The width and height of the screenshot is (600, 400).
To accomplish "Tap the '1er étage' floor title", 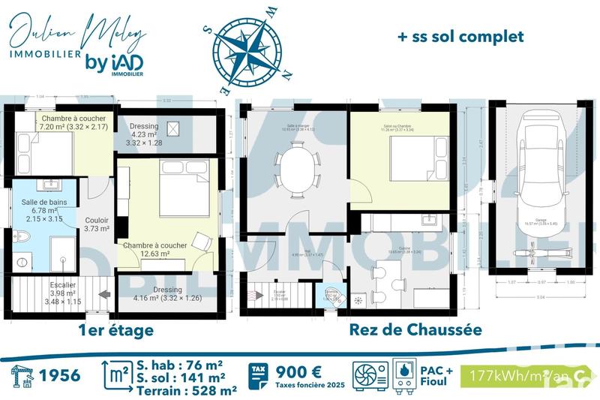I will (116, 330).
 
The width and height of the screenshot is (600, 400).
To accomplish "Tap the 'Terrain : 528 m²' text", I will (187, 389).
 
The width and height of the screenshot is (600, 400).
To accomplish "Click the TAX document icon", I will (258, 374).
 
